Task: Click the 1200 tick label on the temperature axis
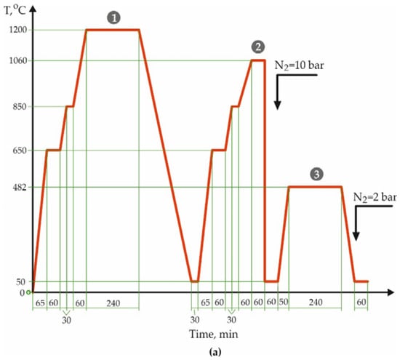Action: click(x=18, y=30)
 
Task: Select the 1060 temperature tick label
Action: click(x=18, y=60)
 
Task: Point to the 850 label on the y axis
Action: click(x=20, y=106)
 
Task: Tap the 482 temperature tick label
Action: click(x=20, y=188)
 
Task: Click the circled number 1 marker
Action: click(x=113, y=18)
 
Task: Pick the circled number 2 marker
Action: click(x=258, y=47)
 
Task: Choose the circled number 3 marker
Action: click(x=316, y=175)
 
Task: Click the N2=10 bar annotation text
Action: click(x=299, y=66)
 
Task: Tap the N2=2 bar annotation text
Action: click(x=375, y=198)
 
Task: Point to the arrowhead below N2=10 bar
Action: click(x=278, y=105)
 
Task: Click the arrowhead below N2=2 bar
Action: click(x=356, y=236)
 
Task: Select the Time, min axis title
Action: click(x=214, y=335)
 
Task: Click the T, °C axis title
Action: click(x=15, y=10)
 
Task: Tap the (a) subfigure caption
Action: click(x=215, y=352)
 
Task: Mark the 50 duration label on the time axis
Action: click(x=283, y=302)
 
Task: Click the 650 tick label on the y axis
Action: click(x=20, y=151)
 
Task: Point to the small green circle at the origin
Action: click(x=28, y=292)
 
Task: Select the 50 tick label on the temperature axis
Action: click(x=21, y=282)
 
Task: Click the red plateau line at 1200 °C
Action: click(x=113, y=30)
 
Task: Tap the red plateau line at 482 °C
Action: click(x=315, y=187)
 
